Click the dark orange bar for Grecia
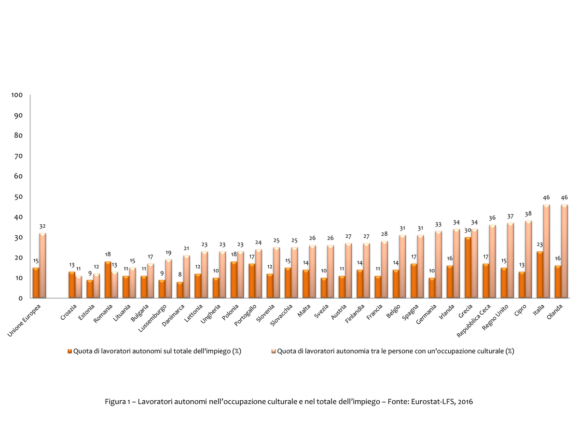point(468,268)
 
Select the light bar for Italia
point(547,252)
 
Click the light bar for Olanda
point(565,252)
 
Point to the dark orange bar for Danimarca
point(180,290)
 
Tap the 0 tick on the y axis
point(20,298)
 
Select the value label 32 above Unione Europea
point(42,226)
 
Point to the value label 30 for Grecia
point(468,230)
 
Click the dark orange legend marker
point(69,351)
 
